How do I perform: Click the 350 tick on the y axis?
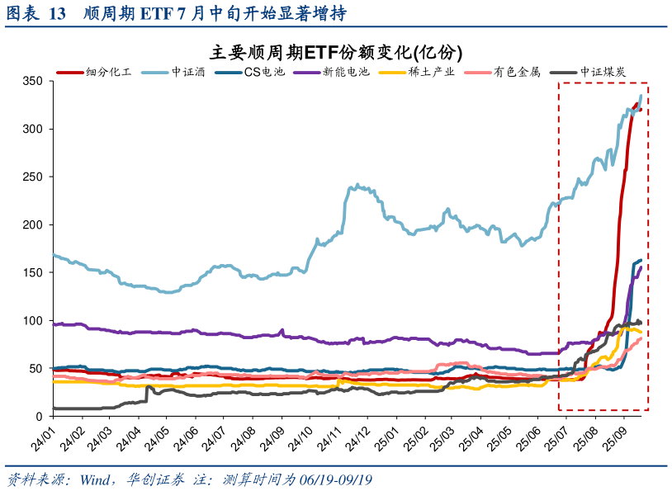[32, 82]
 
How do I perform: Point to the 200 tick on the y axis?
[32, 224]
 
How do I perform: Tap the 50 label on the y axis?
[35, 369]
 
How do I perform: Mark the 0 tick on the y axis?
[39, 417]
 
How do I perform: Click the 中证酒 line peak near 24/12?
[357, 185]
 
